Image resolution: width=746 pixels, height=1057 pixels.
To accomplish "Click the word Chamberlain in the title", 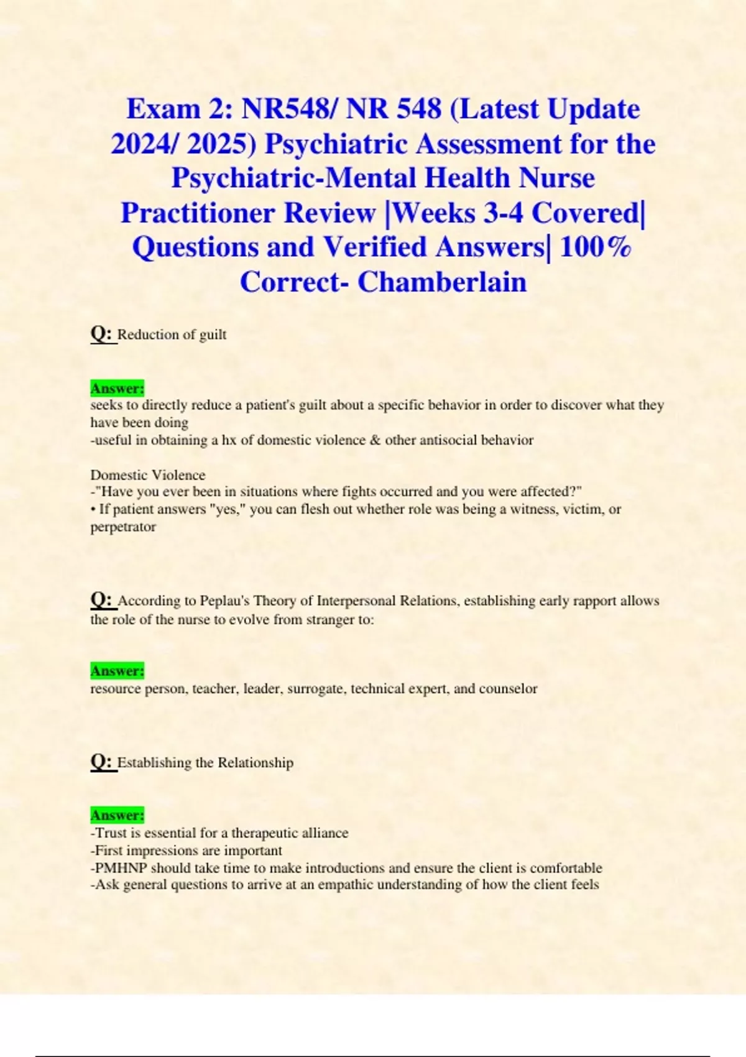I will pyautogui.click(x=442, y=282).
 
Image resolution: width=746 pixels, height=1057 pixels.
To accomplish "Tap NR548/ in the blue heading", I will pyautogui.click(x=290, y=109).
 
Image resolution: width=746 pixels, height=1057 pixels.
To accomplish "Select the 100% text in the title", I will pyautogui.click(x=596, y=247).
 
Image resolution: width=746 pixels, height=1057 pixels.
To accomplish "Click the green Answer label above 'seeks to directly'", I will pyautogui.click(x=117, y=388).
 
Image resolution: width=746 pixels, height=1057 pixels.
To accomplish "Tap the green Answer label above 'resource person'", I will pyautogui.click(x=117, y=671).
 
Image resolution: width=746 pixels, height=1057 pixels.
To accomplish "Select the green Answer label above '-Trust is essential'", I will pyautogui.click(x=117, y=815).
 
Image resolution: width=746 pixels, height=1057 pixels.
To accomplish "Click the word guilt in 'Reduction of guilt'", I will pyautogui.click(x=213, y=335).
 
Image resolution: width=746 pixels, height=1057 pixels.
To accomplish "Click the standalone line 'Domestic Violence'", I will pyautogui.click(x=148, y=475).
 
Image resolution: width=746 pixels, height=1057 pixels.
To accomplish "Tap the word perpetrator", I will pyautogui.click(x=123, y=527).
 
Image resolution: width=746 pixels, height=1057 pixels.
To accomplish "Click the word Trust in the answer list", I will pyautogui.click(x=111, y=833).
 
